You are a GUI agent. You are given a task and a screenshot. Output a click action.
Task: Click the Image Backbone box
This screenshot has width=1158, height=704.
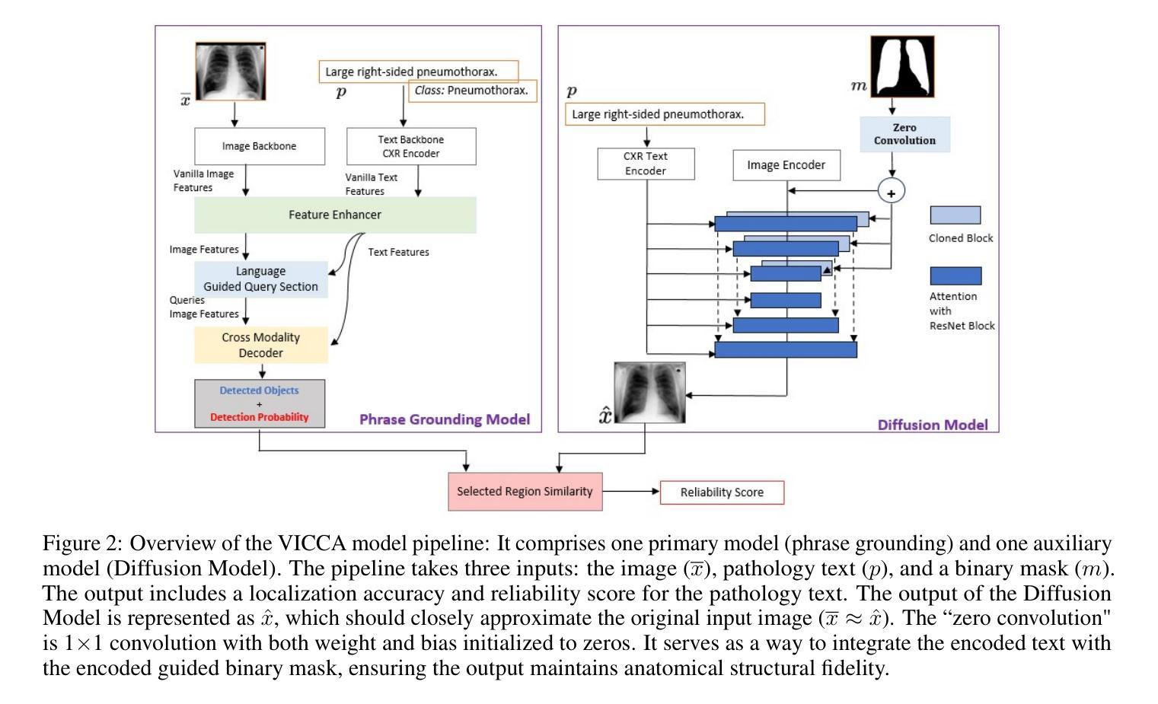(260, 146)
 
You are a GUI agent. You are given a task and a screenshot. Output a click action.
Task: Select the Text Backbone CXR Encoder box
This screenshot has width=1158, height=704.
(411, 146)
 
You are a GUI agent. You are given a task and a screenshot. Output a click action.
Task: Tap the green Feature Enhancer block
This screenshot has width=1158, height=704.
(335, 215)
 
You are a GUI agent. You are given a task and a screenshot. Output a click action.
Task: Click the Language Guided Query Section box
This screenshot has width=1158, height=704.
(261, 279)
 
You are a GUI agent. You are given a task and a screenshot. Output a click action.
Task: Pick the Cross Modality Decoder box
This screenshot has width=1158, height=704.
(261, 345)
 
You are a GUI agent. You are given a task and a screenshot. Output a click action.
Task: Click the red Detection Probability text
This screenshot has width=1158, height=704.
(259, 417)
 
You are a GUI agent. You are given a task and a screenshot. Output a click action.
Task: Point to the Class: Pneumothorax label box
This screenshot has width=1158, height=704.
(473, 91)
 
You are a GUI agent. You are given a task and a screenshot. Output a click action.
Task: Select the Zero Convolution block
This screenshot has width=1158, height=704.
(904, 134)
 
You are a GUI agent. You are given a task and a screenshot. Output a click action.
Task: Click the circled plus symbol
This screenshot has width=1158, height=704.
(892, 191)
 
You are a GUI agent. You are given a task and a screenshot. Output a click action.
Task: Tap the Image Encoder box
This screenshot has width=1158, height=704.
(786, 165)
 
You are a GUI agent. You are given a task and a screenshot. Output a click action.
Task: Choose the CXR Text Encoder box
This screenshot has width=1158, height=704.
(646, 164)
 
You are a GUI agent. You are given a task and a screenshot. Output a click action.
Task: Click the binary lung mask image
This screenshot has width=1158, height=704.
(903, 67)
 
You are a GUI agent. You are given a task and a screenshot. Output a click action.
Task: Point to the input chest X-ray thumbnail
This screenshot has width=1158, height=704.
(231, 72)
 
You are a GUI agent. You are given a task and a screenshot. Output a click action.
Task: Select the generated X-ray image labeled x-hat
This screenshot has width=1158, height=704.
(650, 392)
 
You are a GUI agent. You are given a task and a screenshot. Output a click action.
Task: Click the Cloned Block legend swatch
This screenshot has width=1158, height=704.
(955, 215)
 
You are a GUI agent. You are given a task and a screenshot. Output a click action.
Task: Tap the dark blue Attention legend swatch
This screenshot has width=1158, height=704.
(955, 276)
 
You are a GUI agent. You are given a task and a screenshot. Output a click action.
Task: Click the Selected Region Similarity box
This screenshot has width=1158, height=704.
(525, 492)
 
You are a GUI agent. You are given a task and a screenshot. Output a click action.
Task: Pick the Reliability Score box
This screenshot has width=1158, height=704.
(722, 492)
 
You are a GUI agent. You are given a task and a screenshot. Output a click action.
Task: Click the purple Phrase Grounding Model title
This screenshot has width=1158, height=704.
(445, 419)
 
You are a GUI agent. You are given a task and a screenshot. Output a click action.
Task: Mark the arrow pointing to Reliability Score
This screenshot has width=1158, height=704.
(631, 491)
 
